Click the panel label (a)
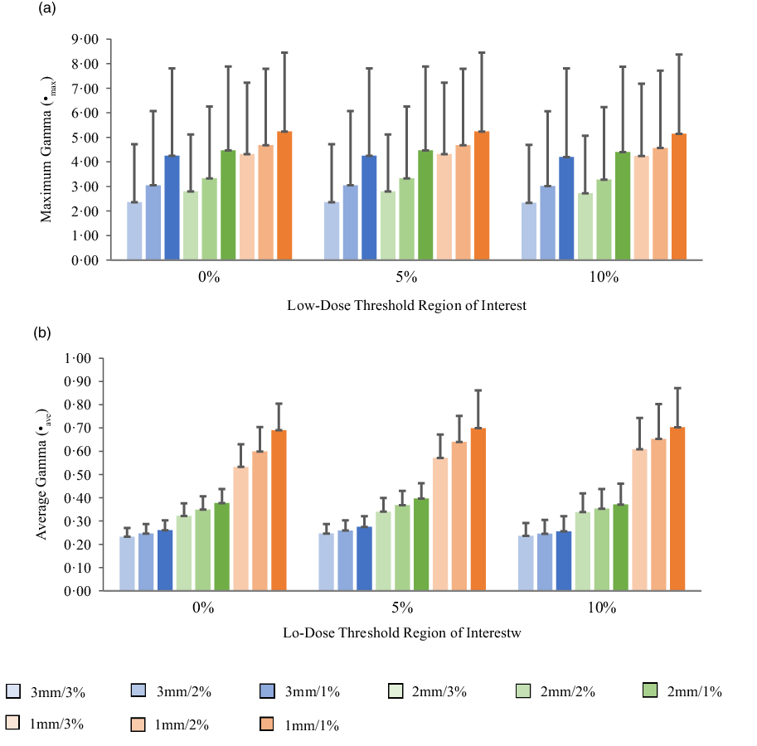46,9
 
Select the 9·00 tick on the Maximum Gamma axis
86,39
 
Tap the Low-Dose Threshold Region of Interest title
406,304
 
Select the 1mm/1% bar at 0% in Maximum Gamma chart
284,196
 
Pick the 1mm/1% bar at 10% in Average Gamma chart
677,509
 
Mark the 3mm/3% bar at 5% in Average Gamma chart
327,562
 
